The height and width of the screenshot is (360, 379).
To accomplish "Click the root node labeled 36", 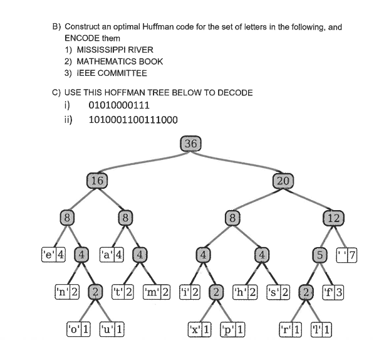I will (190, 144).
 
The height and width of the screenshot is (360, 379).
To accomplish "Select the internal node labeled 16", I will (97, 180).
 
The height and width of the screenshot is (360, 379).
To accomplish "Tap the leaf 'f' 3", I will (333, 292).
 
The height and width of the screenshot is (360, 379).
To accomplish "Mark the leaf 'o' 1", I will (79, 329).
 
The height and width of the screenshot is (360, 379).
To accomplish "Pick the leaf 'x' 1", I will (200, 329).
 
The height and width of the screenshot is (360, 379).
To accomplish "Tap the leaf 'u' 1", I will (111, 329).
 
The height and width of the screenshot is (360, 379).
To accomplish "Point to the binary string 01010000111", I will (120, 105).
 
